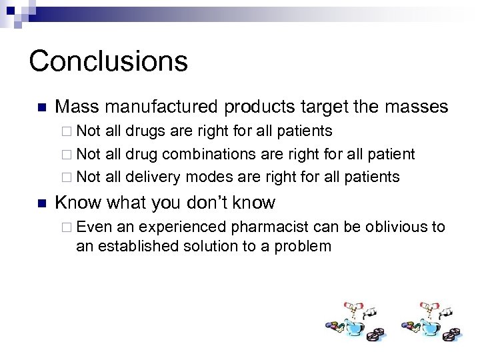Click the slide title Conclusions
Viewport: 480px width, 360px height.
tap(108, 61)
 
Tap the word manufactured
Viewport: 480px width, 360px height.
tap(162, 107)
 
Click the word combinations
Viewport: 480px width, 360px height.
tap(203, 154)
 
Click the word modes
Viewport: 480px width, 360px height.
tap(207, 177)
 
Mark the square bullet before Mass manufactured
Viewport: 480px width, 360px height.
tap(40, 107)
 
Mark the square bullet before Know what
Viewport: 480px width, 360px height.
tap(40, 203)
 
